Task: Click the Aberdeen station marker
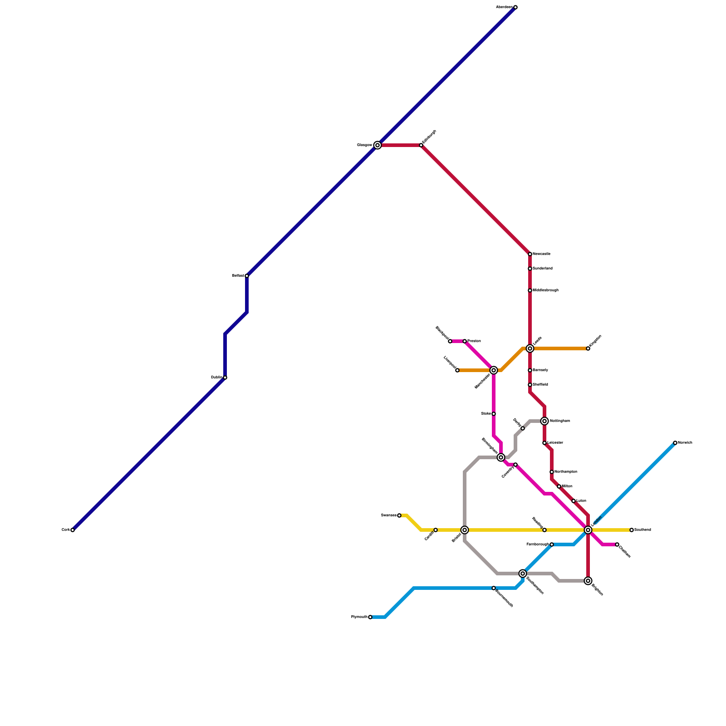(515, 7)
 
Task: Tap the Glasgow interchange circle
(378, 145)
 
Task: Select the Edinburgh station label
(429, 137)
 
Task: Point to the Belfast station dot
(247, 276)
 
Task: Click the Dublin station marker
(225, 378)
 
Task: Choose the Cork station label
(65, 530)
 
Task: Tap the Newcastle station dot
(530, 254)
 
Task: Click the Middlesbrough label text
(545, 290)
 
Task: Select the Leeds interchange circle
(530, 348)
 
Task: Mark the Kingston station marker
(588, 348)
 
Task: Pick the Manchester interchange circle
(494, 370)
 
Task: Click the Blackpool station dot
(450, 341)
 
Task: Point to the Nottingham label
(559, 421)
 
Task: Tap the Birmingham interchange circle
(501, 457)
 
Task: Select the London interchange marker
(588, 530)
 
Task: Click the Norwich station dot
(675, 443)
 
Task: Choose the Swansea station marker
(399, 515)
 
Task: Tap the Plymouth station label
(359, 617)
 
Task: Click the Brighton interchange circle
(588, 581)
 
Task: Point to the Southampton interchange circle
(523, 574)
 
